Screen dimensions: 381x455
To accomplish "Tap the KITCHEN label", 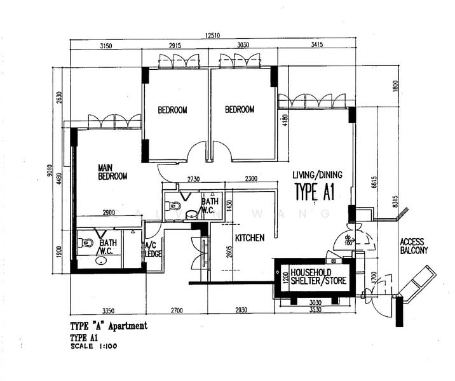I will (x=249, y=238).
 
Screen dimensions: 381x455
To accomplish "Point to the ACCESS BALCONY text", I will (x=414, y=246).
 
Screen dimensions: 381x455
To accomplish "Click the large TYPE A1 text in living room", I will (x=315, y=191).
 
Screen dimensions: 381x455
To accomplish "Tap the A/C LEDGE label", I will (x=153, y=250).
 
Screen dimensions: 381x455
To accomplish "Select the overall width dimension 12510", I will (x=214, y=36).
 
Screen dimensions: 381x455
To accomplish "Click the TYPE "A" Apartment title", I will (x=109, y=326).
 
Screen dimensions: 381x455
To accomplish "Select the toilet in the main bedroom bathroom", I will (x=87, y=243).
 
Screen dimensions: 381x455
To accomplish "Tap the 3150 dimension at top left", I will (x=105, y=46).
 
